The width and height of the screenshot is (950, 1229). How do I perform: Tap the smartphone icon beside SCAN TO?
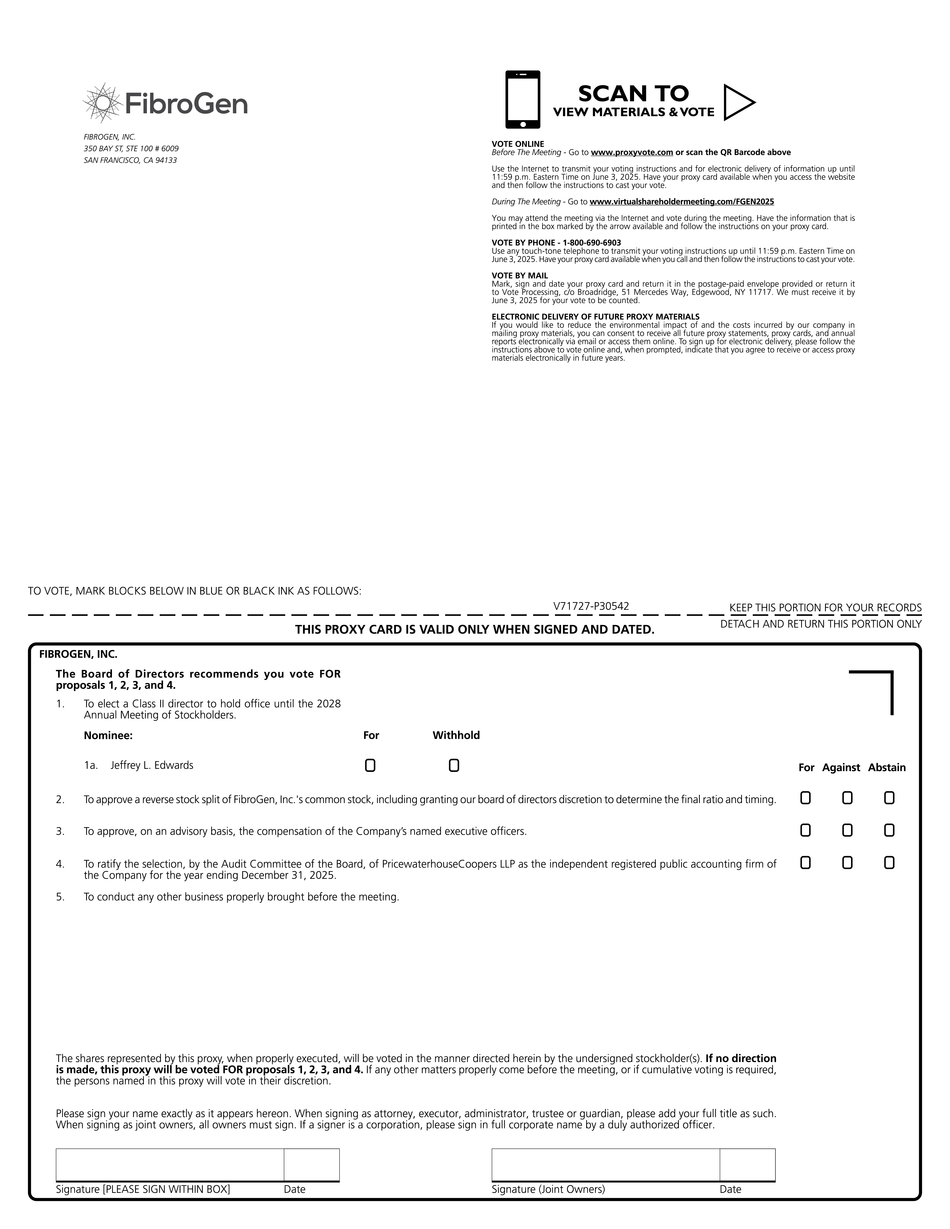(522, 100)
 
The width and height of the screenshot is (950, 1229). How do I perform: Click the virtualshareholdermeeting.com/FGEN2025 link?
(682, 201)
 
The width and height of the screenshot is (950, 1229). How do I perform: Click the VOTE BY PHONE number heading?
(556, 243)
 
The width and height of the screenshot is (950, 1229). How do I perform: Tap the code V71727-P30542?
(591, 606)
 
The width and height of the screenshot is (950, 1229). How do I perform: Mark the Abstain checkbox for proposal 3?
(889, 831)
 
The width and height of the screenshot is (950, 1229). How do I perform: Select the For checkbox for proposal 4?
(805, 863)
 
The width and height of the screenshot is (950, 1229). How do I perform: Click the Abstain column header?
(886, 768)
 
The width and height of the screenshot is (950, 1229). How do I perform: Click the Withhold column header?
(456, 736)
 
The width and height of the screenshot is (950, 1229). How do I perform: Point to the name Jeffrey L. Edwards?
(152, 765)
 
